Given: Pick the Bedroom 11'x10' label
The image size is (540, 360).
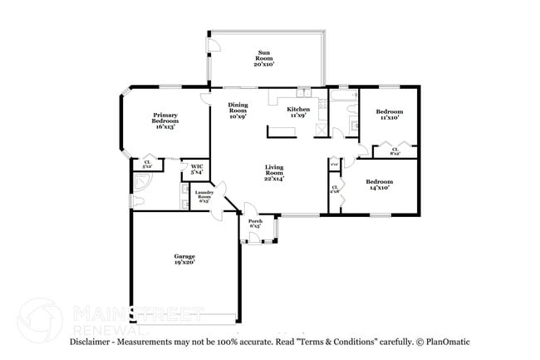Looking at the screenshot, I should click(x=389, y=115).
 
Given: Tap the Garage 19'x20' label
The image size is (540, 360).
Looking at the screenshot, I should click(x=184, y=259).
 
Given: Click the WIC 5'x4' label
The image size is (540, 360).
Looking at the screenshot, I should click(x=197, y=169).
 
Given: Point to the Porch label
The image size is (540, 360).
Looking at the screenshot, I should click(x=255, y=223).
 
